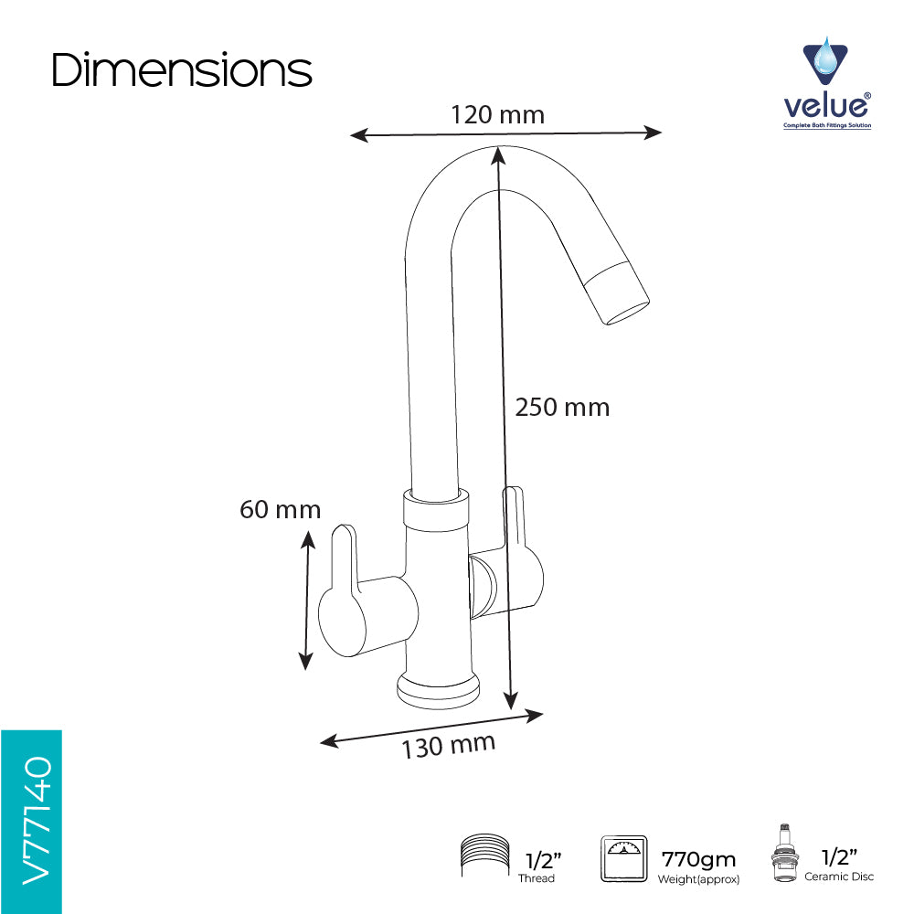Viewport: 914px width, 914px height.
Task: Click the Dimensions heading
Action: (182, 70)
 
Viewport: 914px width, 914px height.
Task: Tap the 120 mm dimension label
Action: (498, 115)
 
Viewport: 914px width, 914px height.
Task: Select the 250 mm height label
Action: (562, 408)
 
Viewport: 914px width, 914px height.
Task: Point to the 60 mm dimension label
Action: (281, 509)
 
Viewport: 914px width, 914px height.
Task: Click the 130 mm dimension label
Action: (448, 746)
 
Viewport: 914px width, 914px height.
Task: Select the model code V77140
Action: (37, 821)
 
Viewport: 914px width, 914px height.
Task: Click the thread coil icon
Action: (485, 856)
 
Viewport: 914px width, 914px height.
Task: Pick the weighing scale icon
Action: (623, 858)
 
